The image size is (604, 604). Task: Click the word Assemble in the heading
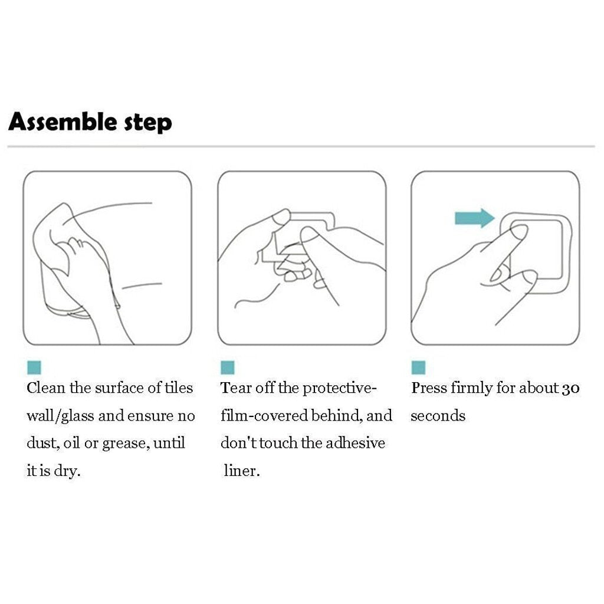point(63,122)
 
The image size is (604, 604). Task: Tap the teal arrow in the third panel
point(475,218)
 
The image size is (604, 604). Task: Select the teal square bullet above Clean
point(34,367)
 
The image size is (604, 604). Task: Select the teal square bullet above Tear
point(227,367)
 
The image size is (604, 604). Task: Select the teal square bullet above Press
point(418,367)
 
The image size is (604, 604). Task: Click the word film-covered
point(264,416)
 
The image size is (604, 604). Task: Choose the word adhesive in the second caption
point(355,443)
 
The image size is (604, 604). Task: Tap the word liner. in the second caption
point(242,471)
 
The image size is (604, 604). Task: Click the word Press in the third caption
point(428,388)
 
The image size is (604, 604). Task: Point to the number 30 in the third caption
point(570,389)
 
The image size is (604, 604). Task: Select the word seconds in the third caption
point(438,416)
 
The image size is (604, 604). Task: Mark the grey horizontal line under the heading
point(301,146)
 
